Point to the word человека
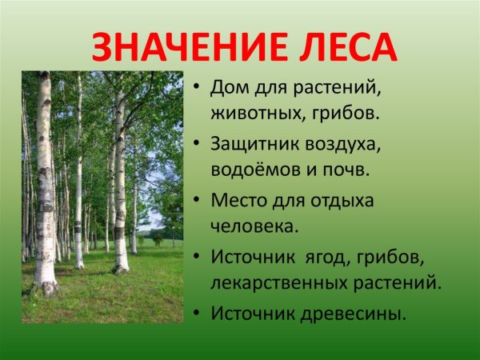254,226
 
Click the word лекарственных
279,283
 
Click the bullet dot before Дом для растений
195,86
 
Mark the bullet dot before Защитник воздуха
195,144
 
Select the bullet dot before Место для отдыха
195,200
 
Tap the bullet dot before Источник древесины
195,314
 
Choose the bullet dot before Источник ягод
195,258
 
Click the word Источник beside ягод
251,257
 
